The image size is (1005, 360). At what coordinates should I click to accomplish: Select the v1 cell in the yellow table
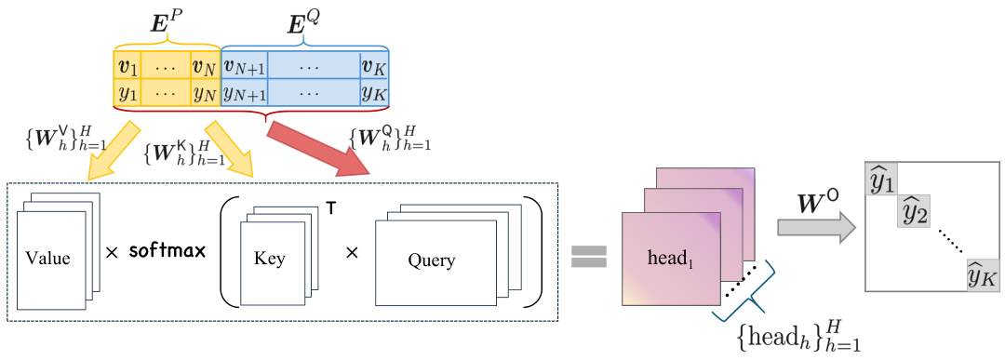(x=127, y=66)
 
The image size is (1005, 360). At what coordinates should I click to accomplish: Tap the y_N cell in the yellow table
(x=204, y=92)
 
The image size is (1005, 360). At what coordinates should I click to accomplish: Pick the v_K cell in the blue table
(x=374, y=66)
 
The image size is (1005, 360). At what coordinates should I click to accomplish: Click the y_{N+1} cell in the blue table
(x=245, y=92)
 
